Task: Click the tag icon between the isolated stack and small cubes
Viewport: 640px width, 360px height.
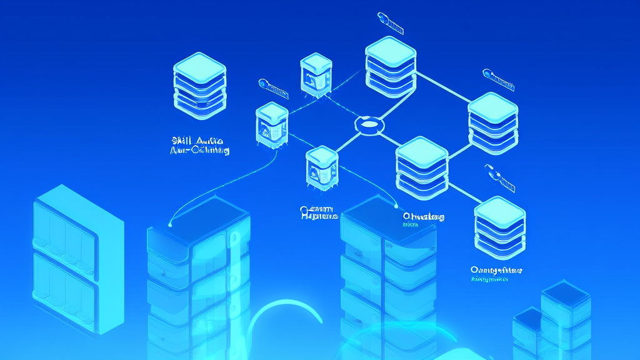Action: [x=273, y=88]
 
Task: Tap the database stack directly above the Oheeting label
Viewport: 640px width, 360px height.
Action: [x=422, y=164]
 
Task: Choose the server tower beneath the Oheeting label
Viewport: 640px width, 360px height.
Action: [x=387, y=275]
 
